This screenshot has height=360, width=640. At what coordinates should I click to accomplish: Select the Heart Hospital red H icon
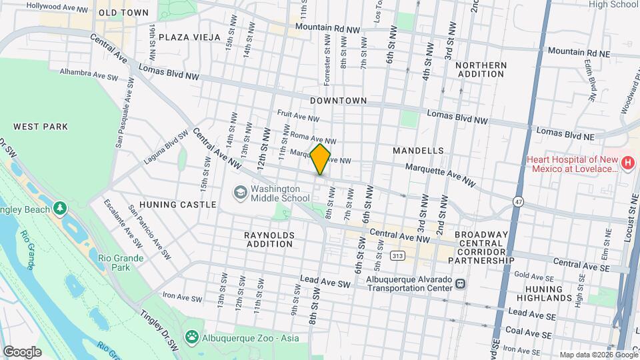click(627, 163)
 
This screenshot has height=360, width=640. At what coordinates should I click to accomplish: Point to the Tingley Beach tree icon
click(61, 209)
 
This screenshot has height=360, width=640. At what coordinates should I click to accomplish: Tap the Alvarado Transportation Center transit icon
click(460, 283)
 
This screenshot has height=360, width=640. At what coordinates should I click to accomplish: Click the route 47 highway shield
click(519, 200)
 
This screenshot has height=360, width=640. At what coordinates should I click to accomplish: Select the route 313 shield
click(398, 255)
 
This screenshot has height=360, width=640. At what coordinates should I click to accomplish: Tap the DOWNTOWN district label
click(339, 101)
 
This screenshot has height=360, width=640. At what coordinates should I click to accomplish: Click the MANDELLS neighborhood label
click(418, 151)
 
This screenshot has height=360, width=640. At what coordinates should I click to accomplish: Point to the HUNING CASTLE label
click(178, 205)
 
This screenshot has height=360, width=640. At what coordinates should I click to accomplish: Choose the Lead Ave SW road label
click(325, 284)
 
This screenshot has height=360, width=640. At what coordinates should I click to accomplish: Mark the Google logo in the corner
click(22, 351)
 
